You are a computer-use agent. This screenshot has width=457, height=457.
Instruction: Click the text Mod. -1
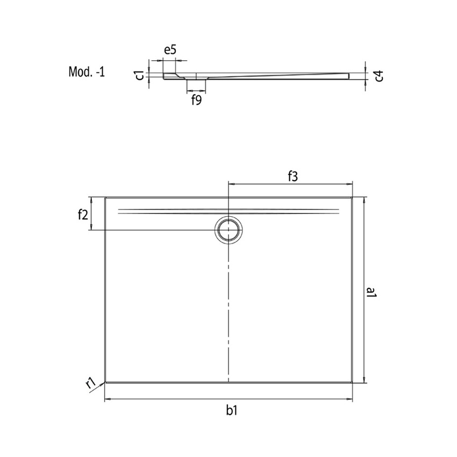coord(87,72)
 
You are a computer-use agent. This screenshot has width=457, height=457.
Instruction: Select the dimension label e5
coord(170,51)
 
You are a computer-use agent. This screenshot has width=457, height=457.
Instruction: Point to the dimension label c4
coord(379,75)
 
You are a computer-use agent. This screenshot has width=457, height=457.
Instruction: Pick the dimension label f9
coord(196,99)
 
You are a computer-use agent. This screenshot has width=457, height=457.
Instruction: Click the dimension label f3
coord(292,175)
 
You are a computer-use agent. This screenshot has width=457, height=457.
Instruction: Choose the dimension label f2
coord(82,215)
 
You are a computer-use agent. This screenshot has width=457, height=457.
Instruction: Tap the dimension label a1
coord(371,293)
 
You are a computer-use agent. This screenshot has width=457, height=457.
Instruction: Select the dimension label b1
coord(232,411)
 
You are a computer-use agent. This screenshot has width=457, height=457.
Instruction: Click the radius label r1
coord(91,383)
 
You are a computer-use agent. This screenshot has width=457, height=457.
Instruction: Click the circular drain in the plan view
coord(230,230)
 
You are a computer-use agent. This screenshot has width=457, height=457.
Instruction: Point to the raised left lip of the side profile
coord(170,75)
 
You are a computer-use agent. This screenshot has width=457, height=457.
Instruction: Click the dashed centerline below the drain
coord(230,312)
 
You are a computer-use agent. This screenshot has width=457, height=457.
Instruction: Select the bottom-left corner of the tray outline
coord(105,382)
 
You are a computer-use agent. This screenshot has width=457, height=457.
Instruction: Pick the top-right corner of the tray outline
coord(353,198)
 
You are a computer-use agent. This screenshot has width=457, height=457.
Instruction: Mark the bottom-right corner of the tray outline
coord(353,382)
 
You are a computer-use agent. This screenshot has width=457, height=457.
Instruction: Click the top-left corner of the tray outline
coord(105,198)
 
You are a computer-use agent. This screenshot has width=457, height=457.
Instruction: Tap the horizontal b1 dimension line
coord(161,400)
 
